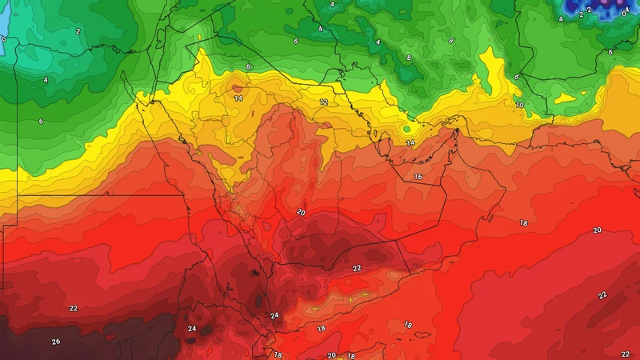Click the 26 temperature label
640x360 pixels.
55,342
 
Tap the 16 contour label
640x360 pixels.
418,176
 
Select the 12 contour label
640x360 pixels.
324,102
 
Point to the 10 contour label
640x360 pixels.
519,105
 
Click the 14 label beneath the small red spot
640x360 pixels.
238,98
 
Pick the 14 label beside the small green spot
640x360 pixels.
410,142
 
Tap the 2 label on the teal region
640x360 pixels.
78,31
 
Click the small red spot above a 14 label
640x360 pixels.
236,86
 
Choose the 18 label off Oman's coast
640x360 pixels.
523,222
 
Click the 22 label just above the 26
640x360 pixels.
73,308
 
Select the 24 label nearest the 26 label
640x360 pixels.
192,329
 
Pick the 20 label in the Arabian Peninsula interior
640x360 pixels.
301,212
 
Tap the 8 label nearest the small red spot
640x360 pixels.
249,66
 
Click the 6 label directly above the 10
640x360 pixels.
517,77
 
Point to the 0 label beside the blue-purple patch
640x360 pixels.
623,14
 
